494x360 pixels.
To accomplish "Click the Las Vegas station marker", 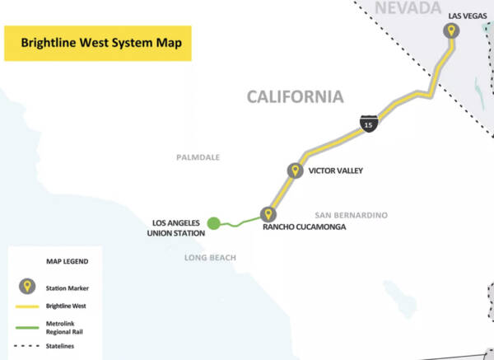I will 450,31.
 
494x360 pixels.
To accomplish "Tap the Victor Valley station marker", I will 294,171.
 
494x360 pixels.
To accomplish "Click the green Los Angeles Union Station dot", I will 214,222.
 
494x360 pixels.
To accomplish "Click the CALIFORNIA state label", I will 295,97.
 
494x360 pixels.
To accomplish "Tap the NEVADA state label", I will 406,9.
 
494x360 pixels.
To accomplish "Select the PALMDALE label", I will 198,157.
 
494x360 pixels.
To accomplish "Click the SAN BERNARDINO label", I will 352,215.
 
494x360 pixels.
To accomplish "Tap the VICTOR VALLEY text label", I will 335,171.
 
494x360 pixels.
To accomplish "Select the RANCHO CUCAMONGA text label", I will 305,227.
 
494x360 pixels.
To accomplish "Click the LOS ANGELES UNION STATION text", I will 177,227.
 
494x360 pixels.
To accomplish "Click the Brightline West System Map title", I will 98,42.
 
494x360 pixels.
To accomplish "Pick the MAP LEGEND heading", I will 65,261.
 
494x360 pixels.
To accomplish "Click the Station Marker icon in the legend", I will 28,288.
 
